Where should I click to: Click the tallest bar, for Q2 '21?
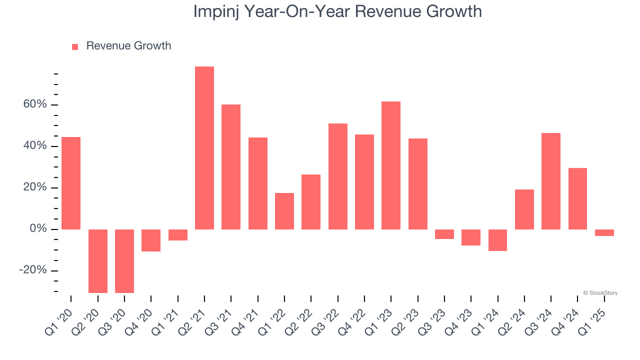[204, 148]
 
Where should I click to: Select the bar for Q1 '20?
[71, 183]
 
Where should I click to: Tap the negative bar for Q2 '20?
[98, 261]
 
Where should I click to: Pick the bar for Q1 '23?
[391, 165]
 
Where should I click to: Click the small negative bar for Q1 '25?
[604, 232]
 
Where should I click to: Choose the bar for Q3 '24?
[551, 181]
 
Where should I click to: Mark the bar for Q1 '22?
[284, 211]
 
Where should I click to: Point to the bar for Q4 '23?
[471, 237]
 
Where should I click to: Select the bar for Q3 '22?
[338, 176]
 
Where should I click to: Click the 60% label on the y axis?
[34, 104]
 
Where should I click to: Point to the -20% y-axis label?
[32, 270]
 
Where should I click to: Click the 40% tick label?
[34, 146]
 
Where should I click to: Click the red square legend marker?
[75, 46]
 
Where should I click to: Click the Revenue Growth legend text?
[128, 46]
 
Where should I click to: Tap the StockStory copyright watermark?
[600, 293]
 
